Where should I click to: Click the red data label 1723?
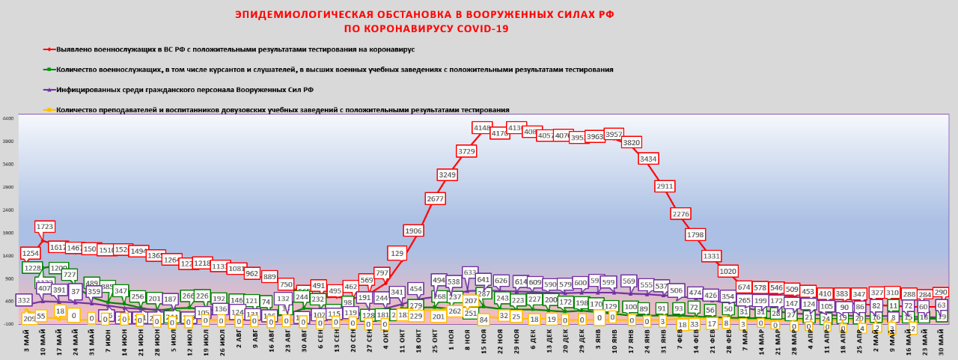coord(45,226)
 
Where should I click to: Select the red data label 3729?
coord(466,151)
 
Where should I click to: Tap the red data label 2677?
coord(436,198)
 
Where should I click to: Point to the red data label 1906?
coord(413,231)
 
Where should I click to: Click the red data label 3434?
coord(648,159)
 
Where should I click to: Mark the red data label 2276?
coord(680,213)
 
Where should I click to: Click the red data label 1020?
coord(727,271)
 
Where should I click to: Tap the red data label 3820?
coord(632,142)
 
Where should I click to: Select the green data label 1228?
coord(33,268)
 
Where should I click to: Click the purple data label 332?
coord(24,300)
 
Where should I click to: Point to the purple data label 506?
coord(676,290)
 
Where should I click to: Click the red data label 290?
coord(941,293)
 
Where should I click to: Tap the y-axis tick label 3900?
coord(8,141)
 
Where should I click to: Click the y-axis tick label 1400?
coord(8,256)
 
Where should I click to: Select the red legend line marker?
coord(49,49)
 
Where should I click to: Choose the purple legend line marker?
coord(49,90)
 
